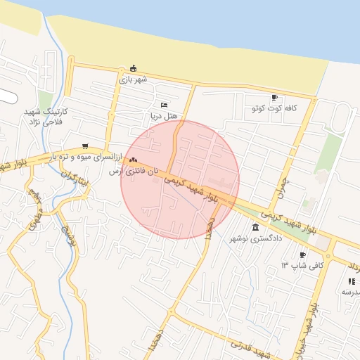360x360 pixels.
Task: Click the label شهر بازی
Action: pos(133,79)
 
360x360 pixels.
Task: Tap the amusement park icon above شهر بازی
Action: pos(134,68)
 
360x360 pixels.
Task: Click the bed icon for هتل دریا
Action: pos(165,105)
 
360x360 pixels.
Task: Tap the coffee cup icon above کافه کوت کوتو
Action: pos(274,98)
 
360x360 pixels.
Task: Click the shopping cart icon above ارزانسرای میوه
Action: pos(85,146)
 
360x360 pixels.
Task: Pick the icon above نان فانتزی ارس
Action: pos(133,161)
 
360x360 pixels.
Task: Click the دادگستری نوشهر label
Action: pos(255,239)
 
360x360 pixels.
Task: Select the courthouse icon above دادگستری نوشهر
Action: pos(255,228)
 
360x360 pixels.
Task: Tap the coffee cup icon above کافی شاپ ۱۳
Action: pos(303,255)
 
